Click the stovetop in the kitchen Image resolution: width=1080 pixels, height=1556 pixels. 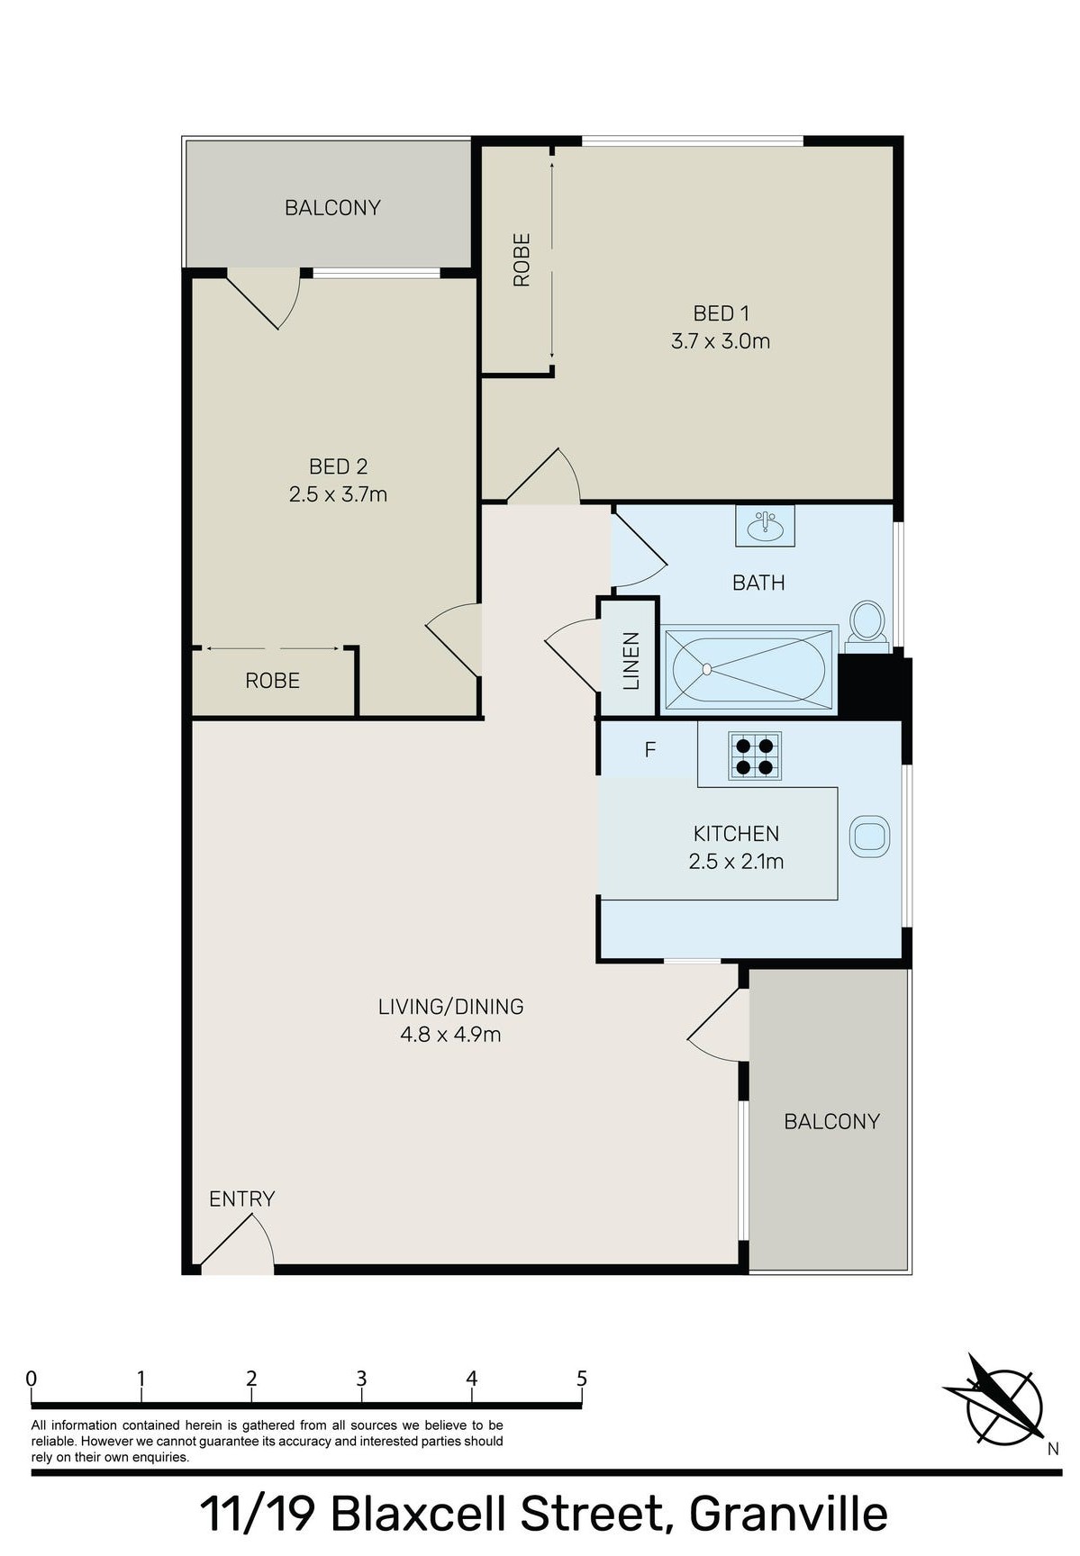755,755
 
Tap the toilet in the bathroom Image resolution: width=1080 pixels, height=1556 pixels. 867,627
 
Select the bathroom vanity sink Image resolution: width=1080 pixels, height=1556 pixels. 765,525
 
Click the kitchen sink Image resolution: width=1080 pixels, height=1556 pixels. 870,837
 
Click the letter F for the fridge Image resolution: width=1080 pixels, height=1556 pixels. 650,750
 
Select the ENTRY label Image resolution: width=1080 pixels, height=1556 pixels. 241,1199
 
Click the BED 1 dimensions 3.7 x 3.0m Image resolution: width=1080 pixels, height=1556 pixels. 721,341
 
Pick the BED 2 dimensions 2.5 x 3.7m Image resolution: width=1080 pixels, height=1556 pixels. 338,494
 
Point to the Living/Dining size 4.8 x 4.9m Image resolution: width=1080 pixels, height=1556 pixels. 450,1035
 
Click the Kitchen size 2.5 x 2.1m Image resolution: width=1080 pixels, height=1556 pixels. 736,862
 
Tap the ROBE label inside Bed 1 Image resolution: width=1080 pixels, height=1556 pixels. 522,260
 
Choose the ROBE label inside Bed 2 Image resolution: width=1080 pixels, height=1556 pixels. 272,681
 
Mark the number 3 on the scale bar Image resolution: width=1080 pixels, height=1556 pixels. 361,1379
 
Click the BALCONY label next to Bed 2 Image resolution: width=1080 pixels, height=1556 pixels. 332,208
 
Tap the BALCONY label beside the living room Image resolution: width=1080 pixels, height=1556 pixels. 831,1122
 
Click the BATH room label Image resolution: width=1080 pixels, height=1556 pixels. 758,583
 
